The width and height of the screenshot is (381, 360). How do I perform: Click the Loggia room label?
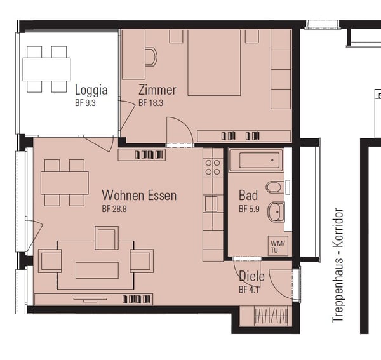point(91,90)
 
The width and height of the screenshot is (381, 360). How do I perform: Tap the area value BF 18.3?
point(150,103)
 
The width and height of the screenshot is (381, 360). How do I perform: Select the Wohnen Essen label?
point(139,196)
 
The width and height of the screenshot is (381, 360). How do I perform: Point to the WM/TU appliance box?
point(278,246)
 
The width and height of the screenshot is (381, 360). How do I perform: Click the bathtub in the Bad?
point(257,161)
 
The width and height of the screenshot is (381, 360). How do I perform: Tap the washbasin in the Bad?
point(276,212)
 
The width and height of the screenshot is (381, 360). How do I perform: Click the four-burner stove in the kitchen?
point(213,167)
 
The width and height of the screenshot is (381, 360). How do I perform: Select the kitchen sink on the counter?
point(211,204)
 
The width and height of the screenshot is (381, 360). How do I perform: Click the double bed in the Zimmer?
point(214,63)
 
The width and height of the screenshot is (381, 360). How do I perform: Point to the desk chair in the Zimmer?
point(151,57)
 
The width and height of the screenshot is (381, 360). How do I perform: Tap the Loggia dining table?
point(46,69)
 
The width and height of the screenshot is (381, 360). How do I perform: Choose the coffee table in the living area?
point(97,270)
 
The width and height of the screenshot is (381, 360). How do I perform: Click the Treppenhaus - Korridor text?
point(338,265)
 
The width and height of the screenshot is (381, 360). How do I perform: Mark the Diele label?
point(251,276)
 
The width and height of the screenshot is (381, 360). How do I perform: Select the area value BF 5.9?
point(249,209)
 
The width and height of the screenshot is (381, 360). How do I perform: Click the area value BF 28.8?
point(114,209)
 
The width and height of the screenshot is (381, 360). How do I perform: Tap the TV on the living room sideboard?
point(90,300)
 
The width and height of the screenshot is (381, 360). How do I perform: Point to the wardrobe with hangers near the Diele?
point(271,316)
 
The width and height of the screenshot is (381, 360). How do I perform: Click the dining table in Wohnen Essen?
point(65,183)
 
